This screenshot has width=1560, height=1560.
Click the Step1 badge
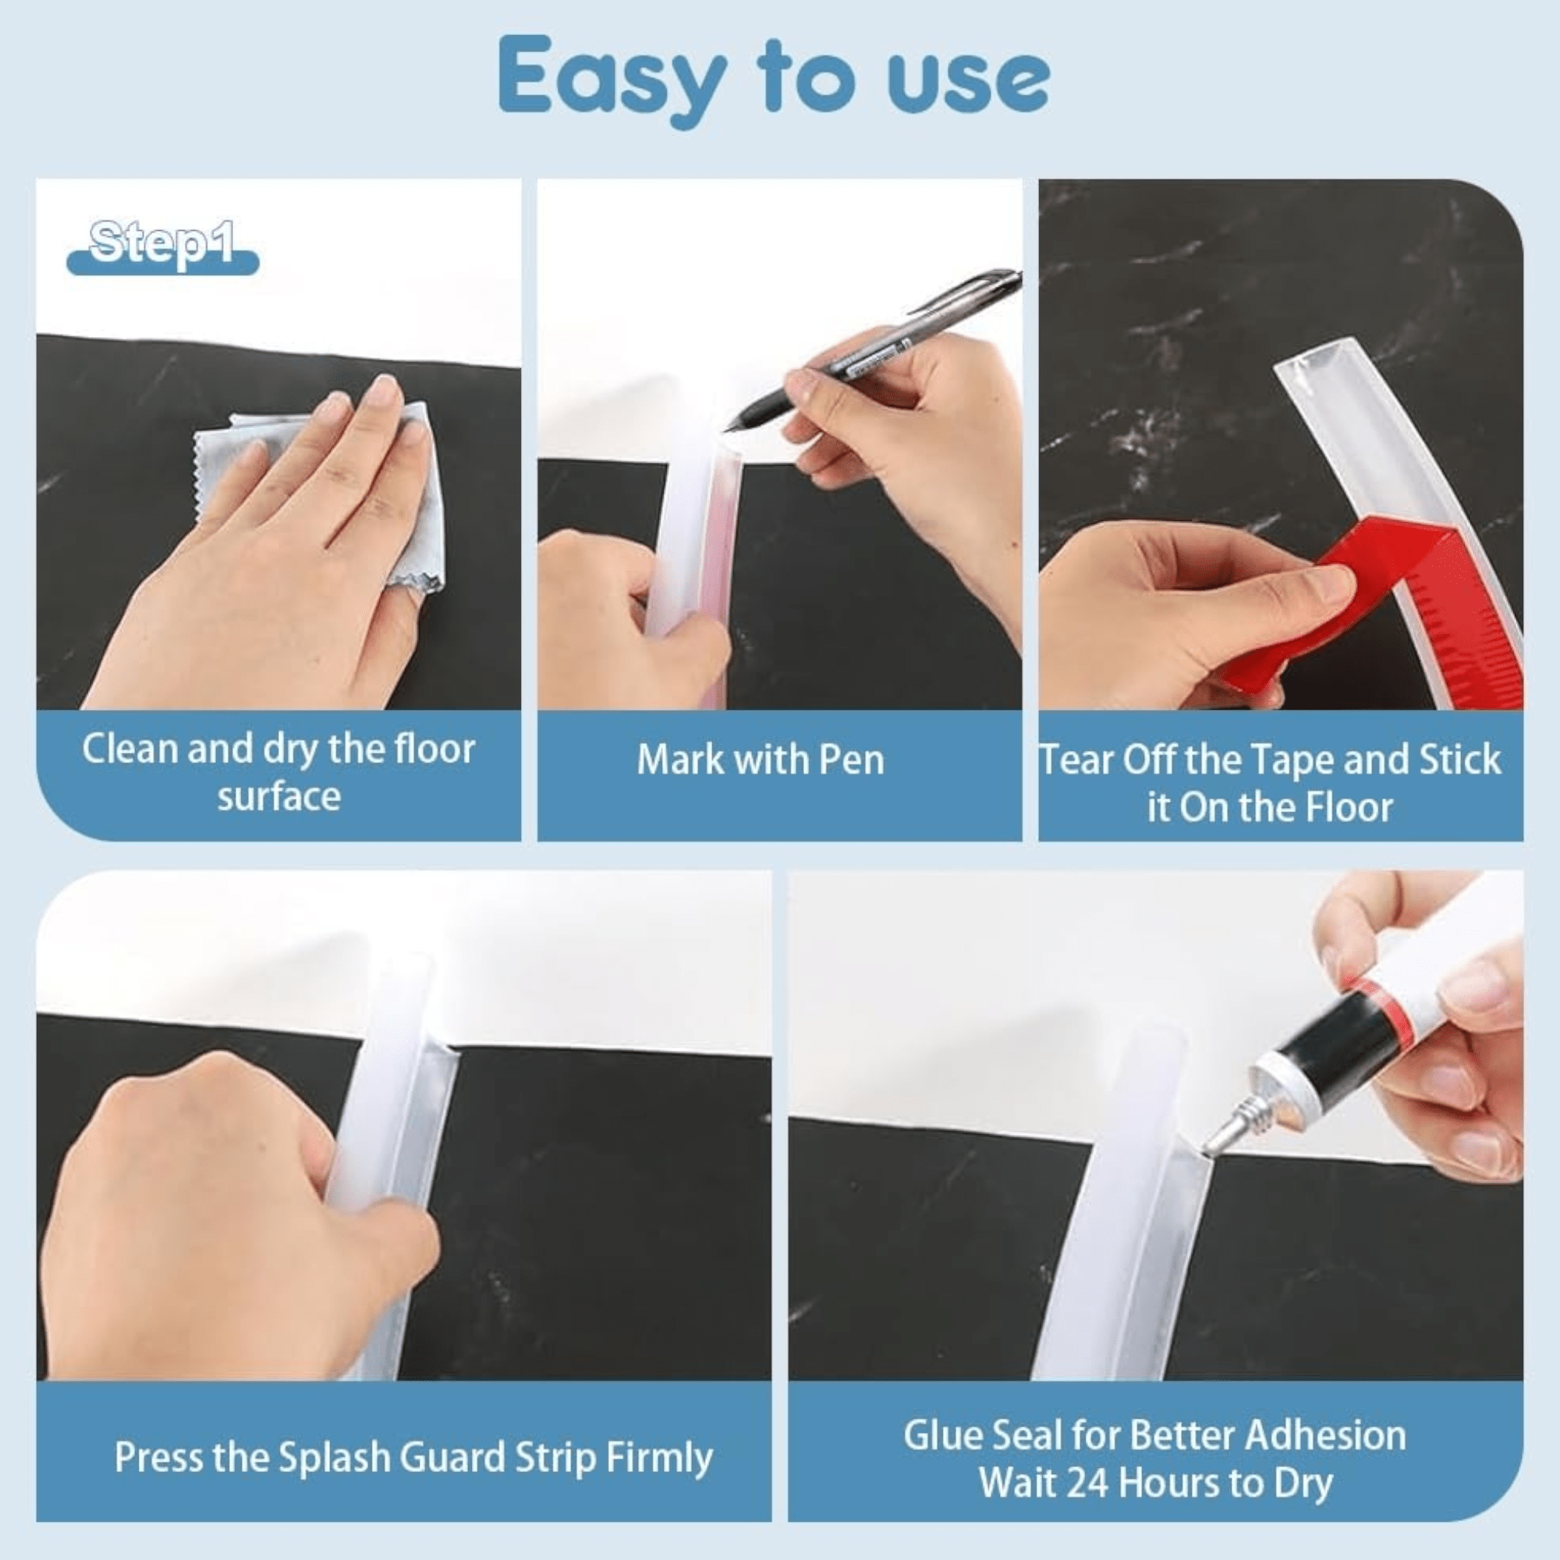point(163,247)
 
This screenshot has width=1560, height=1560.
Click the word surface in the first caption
point(278,797)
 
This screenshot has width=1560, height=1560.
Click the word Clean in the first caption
point(130,750)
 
